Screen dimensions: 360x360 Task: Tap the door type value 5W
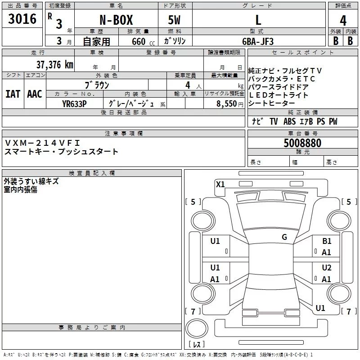(x=175, y=20)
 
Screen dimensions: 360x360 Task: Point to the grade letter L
(x=258, y=20)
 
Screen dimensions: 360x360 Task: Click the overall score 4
(x=343, y=21)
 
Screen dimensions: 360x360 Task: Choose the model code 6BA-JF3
(x=257, y=41)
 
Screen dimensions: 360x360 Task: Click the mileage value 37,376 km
(x=54, y=65)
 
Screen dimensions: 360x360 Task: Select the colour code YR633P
(x=74, y=103)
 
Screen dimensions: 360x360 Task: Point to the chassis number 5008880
(x=302, y=144)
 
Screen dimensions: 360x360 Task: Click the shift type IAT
(x=13, y=94)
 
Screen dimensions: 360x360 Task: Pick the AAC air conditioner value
(x=34, y=94)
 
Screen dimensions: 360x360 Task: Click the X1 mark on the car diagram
(x=220, y=184)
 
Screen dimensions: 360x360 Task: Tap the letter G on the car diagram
(x=284, y=237)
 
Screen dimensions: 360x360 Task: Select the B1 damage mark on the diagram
(x=327, y=242)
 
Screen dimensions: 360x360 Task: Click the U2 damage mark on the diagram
(x=327, y=268)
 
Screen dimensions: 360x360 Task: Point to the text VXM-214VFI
(x=42, y=143)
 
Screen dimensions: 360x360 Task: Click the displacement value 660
(x=138, y=42)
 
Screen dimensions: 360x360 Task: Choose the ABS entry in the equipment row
(x=289, y=121)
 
